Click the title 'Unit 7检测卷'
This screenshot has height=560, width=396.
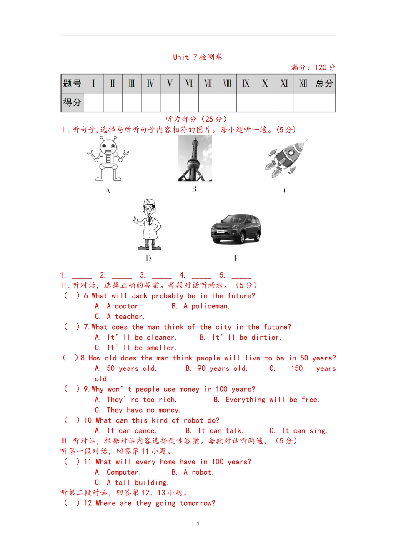pyautogui.click(x=198, y=57)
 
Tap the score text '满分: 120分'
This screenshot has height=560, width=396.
pyautogui.click(x=313, y=67)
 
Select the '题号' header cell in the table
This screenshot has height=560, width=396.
pyautogui.click(x=73, y=83)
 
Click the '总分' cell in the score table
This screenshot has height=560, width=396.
pyautogui.click(x=324, y=83)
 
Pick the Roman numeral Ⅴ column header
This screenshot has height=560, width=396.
pyautogui.click(x=170, y=83)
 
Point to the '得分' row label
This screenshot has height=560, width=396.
pyautogui.click(x=73, y=102)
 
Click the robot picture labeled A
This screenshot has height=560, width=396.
pyautogui.click(x=108, y=160)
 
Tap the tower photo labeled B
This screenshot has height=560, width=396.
pyautogui.click(x=195, y=158)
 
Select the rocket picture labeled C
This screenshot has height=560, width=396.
pyautogui.click(x=286, y=158)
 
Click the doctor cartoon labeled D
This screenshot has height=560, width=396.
pyautogui.click(x=148, y=225)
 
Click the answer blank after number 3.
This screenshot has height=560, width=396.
pyautogui.click(x=161, y=276)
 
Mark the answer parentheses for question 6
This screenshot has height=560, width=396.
pyautogui.click(x=72, y=296)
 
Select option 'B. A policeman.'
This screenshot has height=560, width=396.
pyautogui.click(x=201, y=306)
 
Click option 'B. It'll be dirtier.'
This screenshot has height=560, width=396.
pyautogui.click(x=241, y=337)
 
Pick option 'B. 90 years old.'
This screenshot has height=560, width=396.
pyautogui.click(x=216, y=368)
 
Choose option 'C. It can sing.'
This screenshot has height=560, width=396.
pyautogui.click(x=298, y=431)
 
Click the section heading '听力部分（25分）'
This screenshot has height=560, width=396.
pyautogui.click(x=196, y=119)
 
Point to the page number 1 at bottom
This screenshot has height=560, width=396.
pyautogui.click(x=198, y=524)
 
